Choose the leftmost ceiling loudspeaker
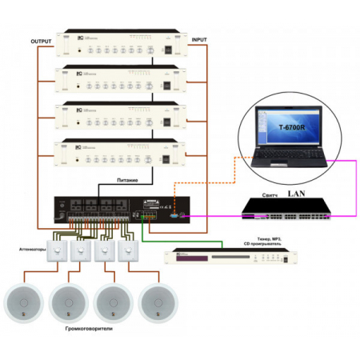tap(25, 302)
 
